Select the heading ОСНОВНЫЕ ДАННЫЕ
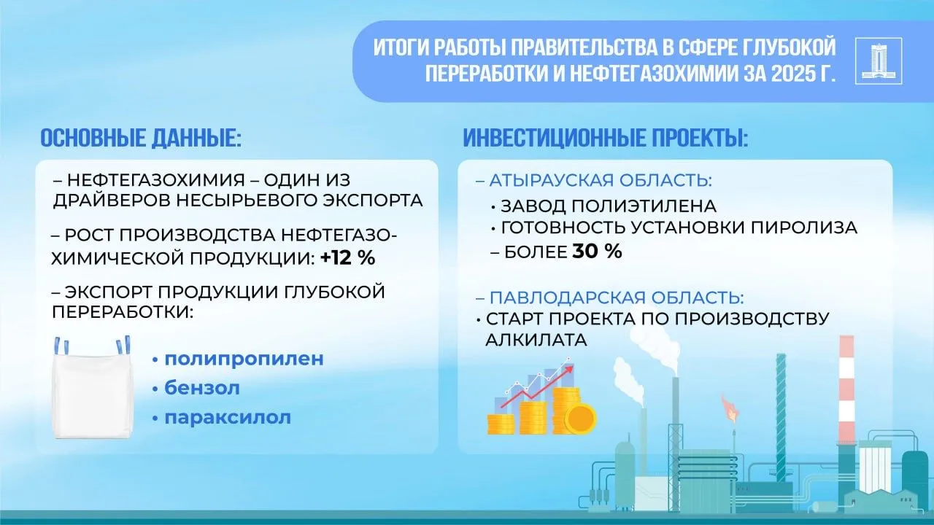pyautogui.click(x=140, y=138)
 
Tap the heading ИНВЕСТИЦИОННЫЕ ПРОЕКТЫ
pyautogui.click(x=605, y=138)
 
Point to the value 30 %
pyautogui.click(x=597, y=252)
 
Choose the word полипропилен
pyautogui.click(x=244, y=359)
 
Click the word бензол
pyautogui.click(x=202, y=389)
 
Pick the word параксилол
pyautogui.click(x=228, y=418)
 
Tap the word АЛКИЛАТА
pyautogui.click(x=536, y=340)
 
